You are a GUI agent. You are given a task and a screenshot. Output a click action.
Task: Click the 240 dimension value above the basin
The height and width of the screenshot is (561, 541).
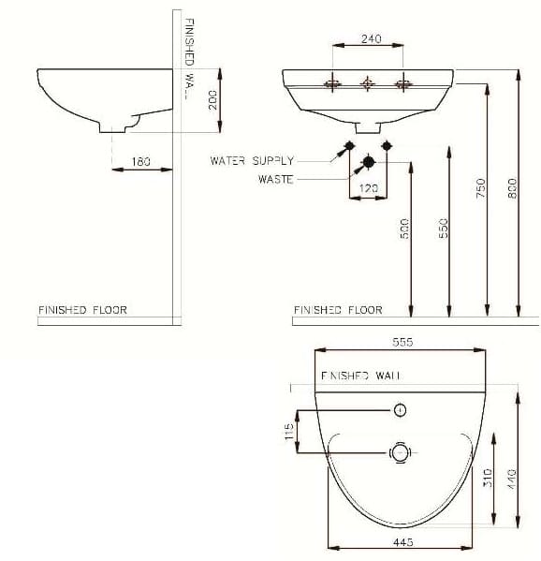pyautogui.click(x=371, y=39)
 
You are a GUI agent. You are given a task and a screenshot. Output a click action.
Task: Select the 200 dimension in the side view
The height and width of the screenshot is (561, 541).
pyautogui.click(x=212, y=99)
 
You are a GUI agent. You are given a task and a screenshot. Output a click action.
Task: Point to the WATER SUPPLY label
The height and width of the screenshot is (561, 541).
pyautogui.click(x=252, y=161)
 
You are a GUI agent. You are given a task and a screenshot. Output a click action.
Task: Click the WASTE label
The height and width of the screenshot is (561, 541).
pyautogui.click(x=275, y=179)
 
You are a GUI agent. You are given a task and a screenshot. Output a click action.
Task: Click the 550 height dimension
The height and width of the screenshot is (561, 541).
pyautogui.click(x=444, y=229)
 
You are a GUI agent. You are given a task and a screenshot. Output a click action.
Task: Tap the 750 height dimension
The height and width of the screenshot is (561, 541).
pyautogui.click(x=480, y=188)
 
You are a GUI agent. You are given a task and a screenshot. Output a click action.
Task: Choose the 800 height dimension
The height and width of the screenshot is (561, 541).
pyautogui.click(x=512, y=187)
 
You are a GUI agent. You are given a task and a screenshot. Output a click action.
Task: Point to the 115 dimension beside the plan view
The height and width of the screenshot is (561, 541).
pyautogui.click(x=290, y=431)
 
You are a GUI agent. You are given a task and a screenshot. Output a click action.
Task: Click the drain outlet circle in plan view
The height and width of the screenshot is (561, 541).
pyautogui.click(x=400, y=452)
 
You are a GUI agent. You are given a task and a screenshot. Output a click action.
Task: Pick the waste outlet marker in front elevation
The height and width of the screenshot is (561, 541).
pyautogui.click(x=368, y=162)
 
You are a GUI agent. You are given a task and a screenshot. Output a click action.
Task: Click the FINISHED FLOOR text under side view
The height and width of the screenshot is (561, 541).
pyautogui.click(x=82, y=309)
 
